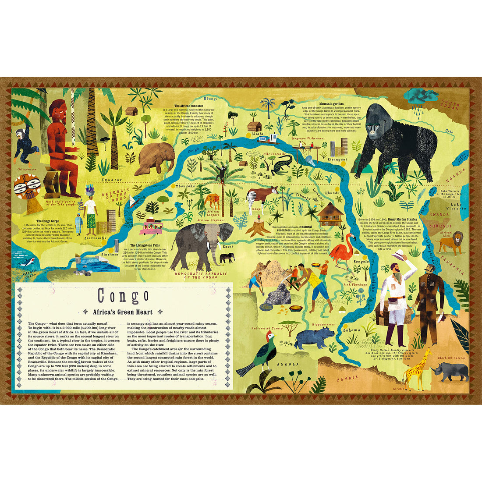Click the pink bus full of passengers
(x=151, y=227)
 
